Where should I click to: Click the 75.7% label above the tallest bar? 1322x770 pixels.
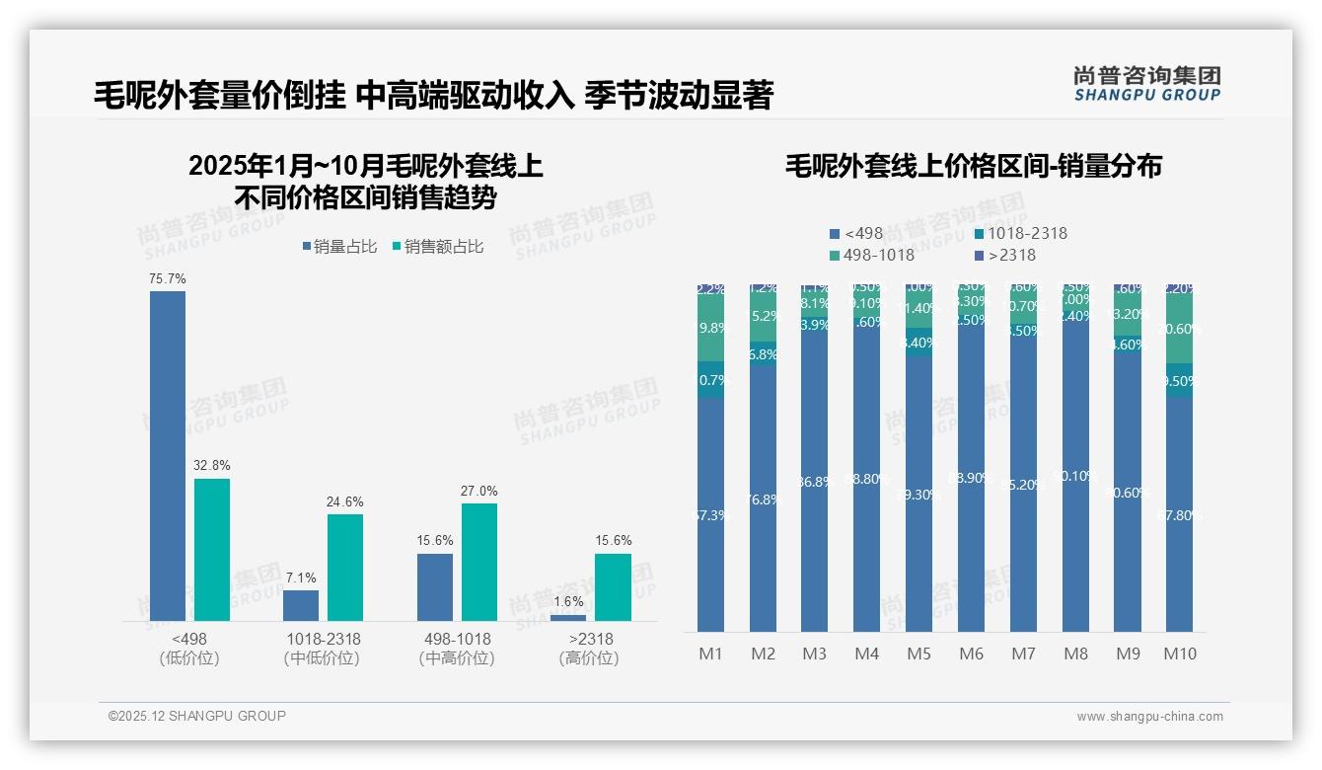click(x=167, y=279)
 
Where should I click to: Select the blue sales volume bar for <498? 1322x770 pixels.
click(x=167, y=455)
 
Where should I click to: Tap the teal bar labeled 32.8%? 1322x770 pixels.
click(x=212, y=550)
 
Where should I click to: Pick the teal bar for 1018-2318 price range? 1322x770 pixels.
click(x=345, y=568)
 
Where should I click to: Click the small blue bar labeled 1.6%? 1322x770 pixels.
click(x=568, y=618)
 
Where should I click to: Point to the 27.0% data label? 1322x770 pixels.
click(x=478, y=491)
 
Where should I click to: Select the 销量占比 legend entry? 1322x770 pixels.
click(x=338, y=247)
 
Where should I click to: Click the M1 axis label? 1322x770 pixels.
click(x=710, y=654)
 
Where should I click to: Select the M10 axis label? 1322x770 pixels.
click(x=1180, y=654)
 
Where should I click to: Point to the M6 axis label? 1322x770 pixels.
click(x=971, y=654)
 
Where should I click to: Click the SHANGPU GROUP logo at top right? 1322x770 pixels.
click(x=1146, y=84)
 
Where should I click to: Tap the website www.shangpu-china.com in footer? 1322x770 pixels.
click(x=1149, y=717)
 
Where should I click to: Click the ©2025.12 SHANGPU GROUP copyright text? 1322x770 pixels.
click(x=197, y=716)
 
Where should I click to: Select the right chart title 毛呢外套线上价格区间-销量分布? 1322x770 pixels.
click(x=973, y=166)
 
